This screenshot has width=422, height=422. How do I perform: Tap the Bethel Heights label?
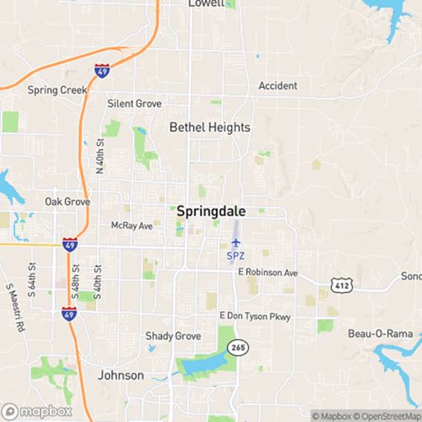coord(210,127)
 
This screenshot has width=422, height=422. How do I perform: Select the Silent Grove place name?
coord(134,104)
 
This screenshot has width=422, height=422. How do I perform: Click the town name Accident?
coord(278,86)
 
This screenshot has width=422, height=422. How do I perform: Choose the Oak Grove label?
coord(66,203)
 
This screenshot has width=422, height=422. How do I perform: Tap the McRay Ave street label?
coord(132,226)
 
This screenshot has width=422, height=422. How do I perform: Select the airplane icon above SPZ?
coord(236,242)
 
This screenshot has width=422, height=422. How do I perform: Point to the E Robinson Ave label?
coord(268,273)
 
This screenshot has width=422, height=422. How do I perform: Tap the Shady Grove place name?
coord(173,336)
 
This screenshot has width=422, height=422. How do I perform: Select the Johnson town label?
coord(121,375)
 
